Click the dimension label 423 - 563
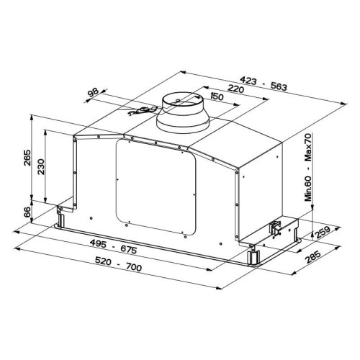[x=264, y=84]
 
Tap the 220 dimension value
[x=235, y=89]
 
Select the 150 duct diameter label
[x=217, y=96]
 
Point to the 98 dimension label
[x=93, y=92]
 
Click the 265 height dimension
[x=27, y=158]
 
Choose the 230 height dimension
[x=41, y=166]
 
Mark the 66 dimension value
[x=27, y=212]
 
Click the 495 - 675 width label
[x=113, y=247]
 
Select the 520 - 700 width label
[x=119, y=264]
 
